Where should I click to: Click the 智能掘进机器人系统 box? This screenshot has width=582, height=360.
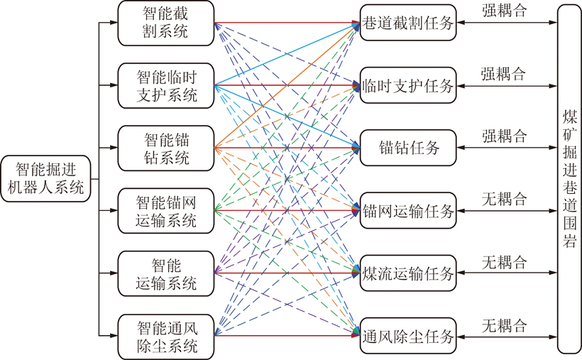45,179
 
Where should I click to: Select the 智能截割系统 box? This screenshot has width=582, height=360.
166,23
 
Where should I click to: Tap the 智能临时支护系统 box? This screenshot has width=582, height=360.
166,85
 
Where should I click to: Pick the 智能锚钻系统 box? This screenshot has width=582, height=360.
166,148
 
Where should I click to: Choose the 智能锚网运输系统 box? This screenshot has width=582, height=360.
166,211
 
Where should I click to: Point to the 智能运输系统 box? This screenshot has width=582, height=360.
166,273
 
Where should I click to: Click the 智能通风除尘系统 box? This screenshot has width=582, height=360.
166,337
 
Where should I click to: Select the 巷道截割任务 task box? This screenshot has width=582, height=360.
408,23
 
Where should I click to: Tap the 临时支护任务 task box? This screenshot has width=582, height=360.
408,85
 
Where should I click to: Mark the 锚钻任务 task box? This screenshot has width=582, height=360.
408,148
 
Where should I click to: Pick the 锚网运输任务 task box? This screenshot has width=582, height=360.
408,211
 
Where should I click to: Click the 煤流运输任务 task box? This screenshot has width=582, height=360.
408,273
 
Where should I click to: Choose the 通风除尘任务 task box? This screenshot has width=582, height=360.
408,336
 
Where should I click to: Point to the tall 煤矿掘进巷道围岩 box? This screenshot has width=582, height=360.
569,179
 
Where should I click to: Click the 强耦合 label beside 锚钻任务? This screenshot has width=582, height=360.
504,136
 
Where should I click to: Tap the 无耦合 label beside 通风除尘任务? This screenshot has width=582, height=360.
504,325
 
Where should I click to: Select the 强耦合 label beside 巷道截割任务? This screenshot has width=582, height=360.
504,11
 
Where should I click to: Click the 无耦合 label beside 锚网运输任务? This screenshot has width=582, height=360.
504,199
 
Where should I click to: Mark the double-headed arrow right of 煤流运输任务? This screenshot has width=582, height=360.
507,273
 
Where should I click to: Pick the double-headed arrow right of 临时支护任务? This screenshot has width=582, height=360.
507,86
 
